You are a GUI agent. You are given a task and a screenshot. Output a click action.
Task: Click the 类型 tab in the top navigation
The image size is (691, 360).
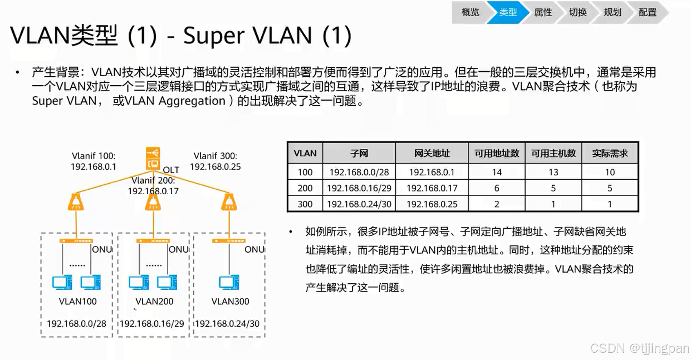coord(508,12)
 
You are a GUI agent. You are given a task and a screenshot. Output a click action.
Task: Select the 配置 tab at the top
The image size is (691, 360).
coord(647,12)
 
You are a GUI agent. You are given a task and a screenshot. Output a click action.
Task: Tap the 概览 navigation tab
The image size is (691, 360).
coord(470,12)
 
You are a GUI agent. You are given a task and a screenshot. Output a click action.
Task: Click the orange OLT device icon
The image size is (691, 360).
coord(153,158)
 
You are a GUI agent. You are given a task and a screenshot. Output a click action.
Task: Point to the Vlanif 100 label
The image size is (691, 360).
coord(93,156)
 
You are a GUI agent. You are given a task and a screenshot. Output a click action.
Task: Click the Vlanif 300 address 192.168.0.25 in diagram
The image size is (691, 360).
coord(215,167)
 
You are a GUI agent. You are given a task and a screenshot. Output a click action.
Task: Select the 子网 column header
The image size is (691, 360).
coord(359,153)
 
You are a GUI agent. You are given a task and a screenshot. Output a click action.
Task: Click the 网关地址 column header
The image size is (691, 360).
coord(432,153)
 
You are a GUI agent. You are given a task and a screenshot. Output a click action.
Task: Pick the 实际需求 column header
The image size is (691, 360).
coord(609,153)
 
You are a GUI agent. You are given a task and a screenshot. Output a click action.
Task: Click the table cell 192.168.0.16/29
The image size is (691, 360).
coord(359,188)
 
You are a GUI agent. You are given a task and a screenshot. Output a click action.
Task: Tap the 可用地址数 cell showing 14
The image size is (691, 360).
coord(496,172)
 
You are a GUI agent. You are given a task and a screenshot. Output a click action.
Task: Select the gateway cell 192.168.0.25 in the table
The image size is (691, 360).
coord(432,204)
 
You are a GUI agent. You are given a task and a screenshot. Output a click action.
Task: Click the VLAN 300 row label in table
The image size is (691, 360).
coord(305,204)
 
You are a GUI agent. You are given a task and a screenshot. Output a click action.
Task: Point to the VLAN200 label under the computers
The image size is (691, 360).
coord(154,301)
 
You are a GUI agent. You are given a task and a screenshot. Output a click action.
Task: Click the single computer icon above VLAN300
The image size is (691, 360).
coord(229,282)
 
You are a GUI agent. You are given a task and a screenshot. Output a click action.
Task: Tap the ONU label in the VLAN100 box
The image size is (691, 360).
coord(102,250)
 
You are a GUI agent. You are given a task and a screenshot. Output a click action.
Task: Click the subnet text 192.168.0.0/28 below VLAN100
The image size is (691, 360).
coord(77,324)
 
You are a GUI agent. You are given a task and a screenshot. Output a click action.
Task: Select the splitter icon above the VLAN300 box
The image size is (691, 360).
coord(229,202)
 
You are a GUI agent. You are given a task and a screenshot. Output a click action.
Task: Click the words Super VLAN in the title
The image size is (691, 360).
coord(248,35)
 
